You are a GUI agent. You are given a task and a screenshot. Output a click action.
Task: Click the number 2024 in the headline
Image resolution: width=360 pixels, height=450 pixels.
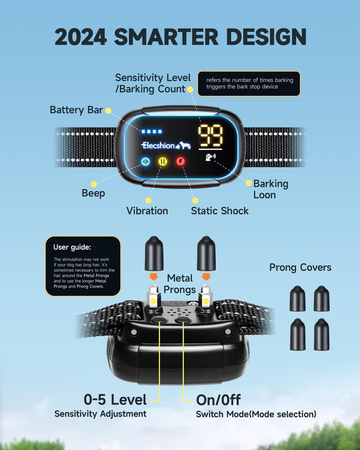pyautogui.click(x=81, y=37)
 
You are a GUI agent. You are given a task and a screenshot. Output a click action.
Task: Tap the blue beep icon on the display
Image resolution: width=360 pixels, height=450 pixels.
pyautogui.click(x=145, y=162)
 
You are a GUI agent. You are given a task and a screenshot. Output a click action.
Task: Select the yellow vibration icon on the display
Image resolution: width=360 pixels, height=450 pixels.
pyautogui.click(x=163, y=161)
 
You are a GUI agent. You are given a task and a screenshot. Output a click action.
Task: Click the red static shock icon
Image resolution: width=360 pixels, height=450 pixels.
pyautogui.click(x=180, y=161)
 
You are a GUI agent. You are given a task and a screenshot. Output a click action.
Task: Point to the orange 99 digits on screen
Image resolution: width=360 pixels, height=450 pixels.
pyautogui.click(x=211, y=135)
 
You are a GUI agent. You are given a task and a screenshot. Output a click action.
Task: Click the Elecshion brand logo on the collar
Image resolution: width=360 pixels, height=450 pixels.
pyautogui.click(x=166, y=145)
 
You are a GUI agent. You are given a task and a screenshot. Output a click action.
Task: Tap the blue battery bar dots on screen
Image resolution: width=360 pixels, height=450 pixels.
pyautogui.click(x=152, y=131)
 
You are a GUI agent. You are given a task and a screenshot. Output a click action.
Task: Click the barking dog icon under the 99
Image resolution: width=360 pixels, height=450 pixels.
pyautogui.click(x=211, y=157)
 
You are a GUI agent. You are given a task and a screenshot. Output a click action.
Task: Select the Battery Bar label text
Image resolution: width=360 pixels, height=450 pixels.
pyautogui.click(x=76, y=110)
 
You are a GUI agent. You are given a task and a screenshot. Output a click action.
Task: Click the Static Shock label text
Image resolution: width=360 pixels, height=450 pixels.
pyautogui.click(x=220, y=211)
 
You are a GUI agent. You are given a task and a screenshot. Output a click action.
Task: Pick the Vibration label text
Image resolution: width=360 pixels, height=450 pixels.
pyautogui.click(x=147, y=211)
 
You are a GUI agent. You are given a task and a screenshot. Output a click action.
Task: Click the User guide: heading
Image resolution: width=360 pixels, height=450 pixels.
pyautogui.click(x=72, y=247)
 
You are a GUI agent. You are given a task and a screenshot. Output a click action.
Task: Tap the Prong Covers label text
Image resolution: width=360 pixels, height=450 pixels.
pyautogui.click(x=300, y=267)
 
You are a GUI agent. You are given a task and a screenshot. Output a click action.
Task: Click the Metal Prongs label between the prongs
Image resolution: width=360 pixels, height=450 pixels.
pyautogui.click(x=180, y=284)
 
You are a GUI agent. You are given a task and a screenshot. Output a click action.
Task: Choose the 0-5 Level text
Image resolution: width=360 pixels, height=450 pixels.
pyautogui.click(x=115, y=400)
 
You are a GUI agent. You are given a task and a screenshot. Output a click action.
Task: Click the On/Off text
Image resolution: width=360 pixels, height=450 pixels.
pyautogui.click(x=218, y=400)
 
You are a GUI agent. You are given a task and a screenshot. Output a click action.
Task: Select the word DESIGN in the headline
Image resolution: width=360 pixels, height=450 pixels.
pyautogui.click(x=266, y=37)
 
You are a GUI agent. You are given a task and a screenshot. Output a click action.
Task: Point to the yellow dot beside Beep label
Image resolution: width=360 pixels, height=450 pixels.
pyautogui.click(x=94, y=184)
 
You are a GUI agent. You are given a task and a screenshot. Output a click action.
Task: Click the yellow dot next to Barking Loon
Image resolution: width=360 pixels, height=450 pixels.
pyautogui.click(x=248, y=183)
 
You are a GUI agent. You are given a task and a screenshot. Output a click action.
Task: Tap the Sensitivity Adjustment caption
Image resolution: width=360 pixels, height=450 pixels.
pyautogui.click(x=100, y=414)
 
